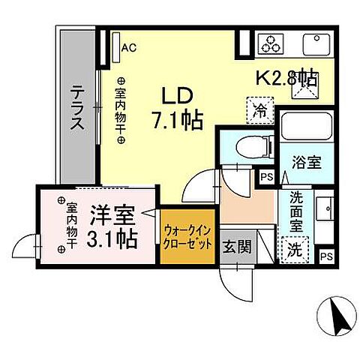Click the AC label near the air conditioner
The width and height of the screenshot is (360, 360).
coord(128,49)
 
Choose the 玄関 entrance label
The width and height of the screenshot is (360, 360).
coord(239,248)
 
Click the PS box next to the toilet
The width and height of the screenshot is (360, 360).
coord(266,177)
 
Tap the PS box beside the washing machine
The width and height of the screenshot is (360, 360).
coord(325,256)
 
